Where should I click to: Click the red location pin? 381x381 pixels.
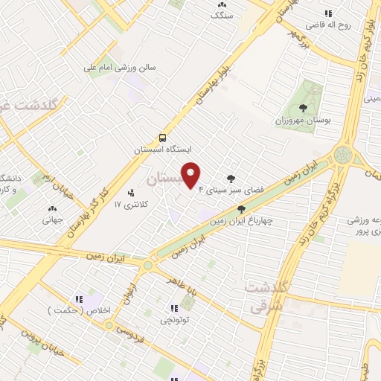tap(191, 176)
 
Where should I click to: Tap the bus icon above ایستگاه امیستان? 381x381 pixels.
tap(161, 138)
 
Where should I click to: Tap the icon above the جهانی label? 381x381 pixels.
tap(52, 209)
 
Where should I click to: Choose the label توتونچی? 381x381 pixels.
tap(176, 320)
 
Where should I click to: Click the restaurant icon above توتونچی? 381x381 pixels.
tap(175, 308)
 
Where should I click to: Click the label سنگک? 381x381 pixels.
tap(222, 15)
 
